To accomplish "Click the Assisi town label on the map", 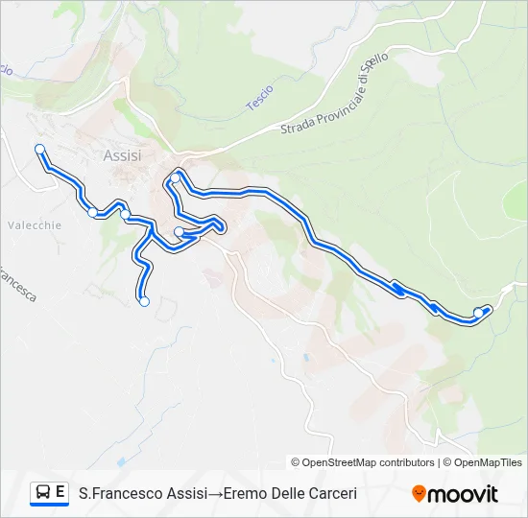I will (x=122, y=154).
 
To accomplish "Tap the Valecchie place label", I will (x=35, y=225).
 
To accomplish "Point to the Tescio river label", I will (x=259, y=96).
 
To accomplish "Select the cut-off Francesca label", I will (x=17, y=282).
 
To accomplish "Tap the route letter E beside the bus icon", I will (x=60, y=492).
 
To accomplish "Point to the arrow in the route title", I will (x=215, y=494).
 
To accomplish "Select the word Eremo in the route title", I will (x=243, y=494).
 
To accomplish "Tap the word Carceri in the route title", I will (x=331, y=494).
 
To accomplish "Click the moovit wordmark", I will (x=463, y=494).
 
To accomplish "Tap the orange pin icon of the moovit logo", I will (x=419, y=494).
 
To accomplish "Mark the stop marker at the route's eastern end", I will (x=478, y=312).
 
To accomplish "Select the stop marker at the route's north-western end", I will (x=39, y=149).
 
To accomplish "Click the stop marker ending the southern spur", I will (x=144, y=301).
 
